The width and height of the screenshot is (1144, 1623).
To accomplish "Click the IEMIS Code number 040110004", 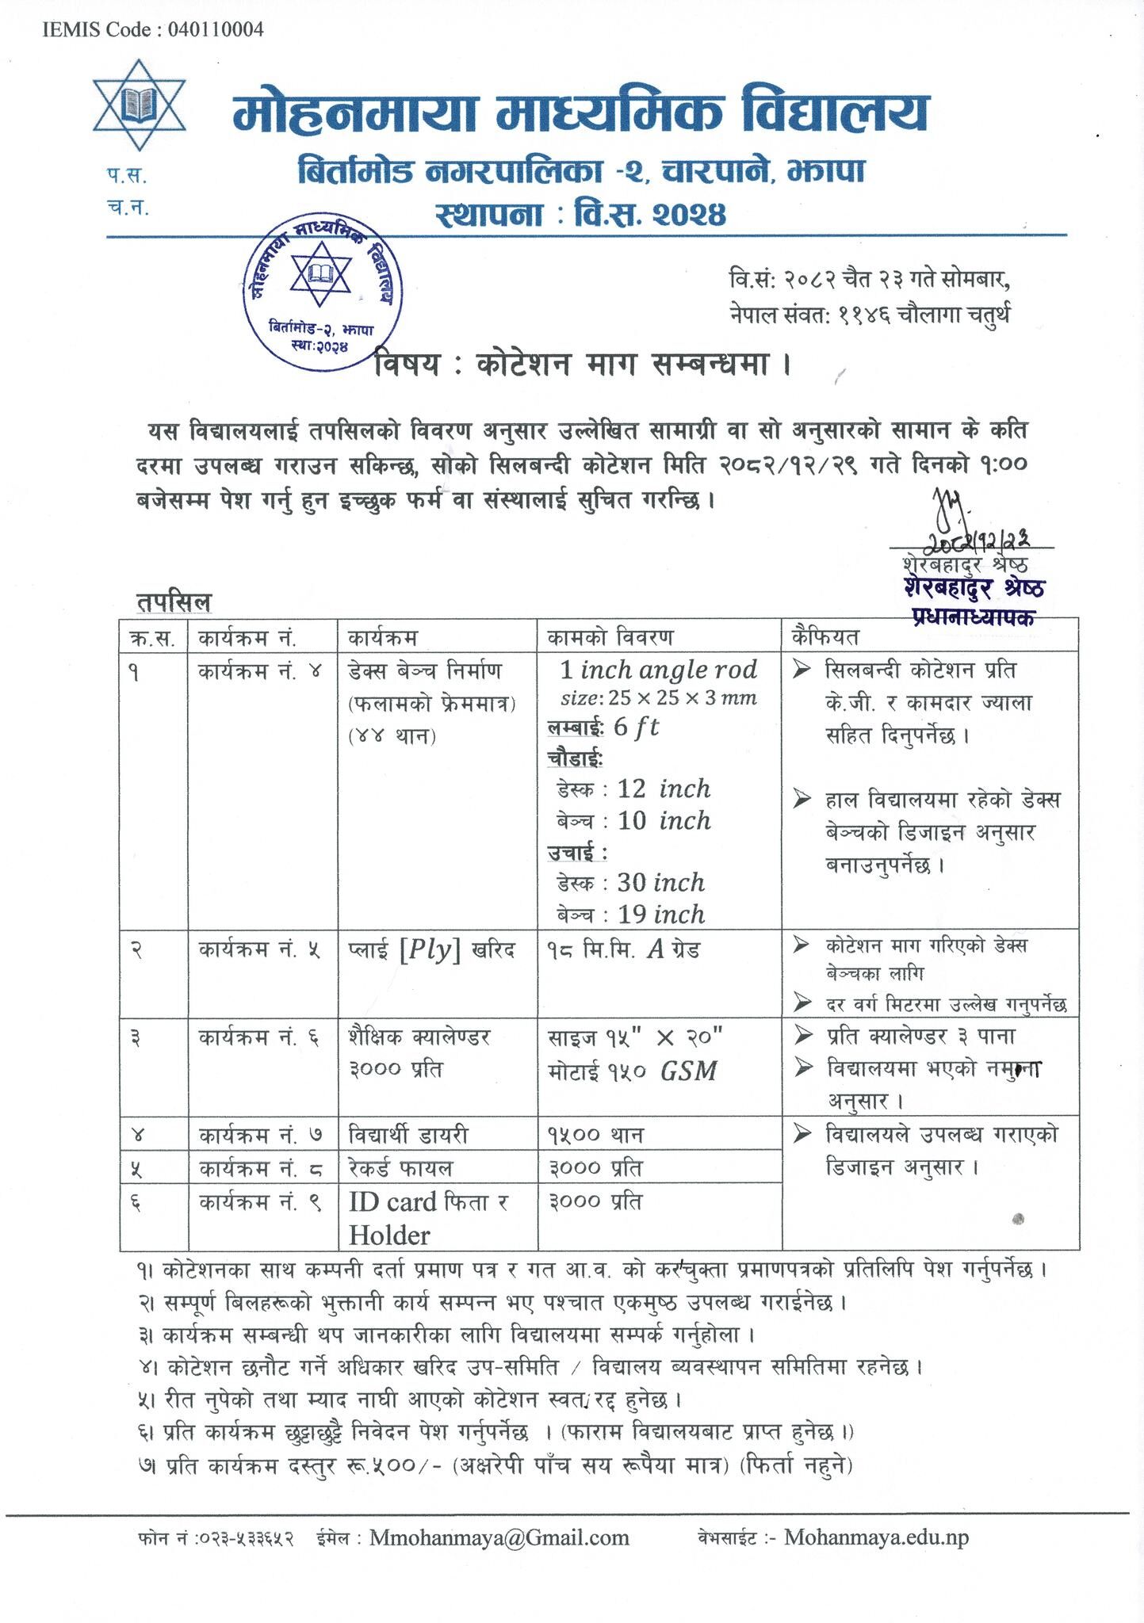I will [x=215, y=30].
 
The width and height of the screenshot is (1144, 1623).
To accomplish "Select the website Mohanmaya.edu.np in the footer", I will [x=876, y=1537].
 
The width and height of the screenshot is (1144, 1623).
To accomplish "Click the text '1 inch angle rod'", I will [x=658, y=670].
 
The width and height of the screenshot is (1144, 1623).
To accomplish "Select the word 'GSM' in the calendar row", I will [x=689, y=1071].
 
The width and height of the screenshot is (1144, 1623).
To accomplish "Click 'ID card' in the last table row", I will [x=393, y=1202].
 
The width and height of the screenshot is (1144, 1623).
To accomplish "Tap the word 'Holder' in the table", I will [x=389, y=1235].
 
